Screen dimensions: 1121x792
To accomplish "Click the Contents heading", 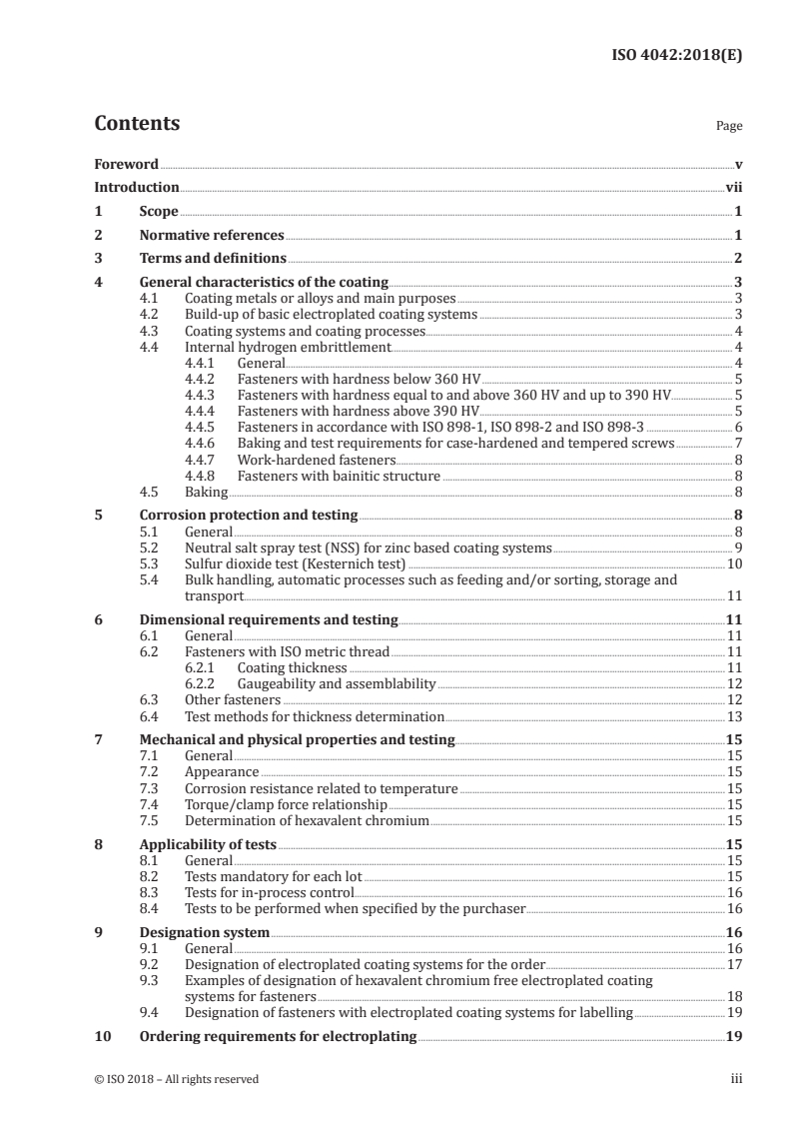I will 137,124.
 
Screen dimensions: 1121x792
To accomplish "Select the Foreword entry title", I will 126,164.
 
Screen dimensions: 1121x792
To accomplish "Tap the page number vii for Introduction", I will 734,187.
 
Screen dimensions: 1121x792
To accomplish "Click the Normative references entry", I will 212,236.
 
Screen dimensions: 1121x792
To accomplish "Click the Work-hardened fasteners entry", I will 317,460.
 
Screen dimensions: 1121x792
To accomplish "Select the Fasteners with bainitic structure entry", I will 339,476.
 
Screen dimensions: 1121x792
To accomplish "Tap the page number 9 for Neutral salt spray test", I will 737,548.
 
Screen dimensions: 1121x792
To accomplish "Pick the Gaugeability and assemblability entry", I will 337,683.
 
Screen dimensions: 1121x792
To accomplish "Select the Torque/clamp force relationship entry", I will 286,804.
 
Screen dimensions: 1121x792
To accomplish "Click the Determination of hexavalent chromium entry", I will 307,820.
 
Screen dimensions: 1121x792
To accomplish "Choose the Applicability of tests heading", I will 208,844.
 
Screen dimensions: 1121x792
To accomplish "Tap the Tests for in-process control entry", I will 270,892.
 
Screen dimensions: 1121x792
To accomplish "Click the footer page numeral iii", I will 736,1079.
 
